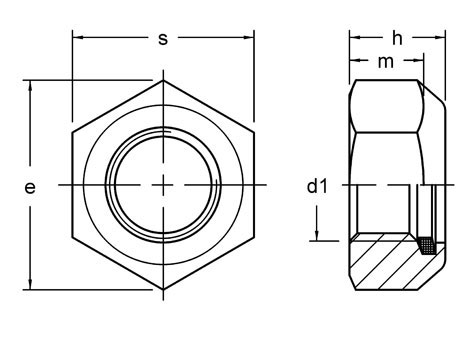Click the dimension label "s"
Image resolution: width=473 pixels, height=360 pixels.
(x=163, y=39)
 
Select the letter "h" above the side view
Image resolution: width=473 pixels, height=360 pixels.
(x=397, y=38)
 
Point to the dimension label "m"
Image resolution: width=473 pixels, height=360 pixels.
(x=384, y=62)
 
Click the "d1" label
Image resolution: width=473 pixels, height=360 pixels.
(x=317, y=186)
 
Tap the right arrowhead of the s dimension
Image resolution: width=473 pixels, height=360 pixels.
(x=250, y=40)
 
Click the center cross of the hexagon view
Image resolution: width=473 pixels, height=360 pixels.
(x=164, y=185)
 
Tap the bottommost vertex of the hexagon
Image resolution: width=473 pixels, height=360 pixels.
(x=164, y=290)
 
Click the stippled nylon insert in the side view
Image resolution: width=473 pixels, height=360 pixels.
(x=428, y=243)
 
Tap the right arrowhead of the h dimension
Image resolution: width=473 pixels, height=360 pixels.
(x=441, y=39)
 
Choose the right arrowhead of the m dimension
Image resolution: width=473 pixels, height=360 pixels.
(x=416, y=63)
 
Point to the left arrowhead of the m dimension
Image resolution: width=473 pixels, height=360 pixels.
(x=354, y=63)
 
